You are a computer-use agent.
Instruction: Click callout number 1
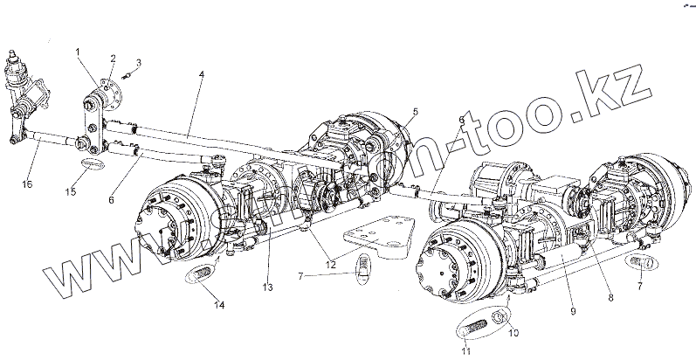(79, 53)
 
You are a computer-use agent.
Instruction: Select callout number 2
(113, 58)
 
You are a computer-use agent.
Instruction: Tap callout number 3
(136, 62)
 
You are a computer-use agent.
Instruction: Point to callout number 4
(202, 75)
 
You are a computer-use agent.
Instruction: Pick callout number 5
(415, 111)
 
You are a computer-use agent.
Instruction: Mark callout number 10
(513, 332)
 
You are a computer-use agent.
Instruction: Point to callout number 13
(267, 287)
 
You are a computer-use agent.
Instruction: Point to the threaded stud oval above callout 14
(200, 274)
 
